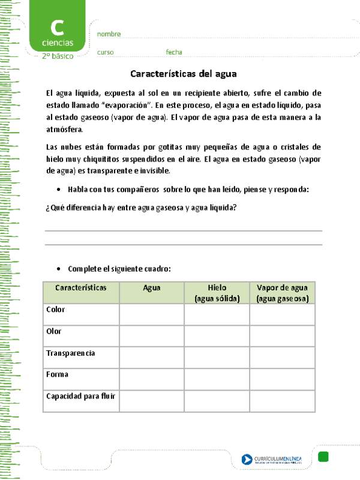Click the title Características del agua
(184, 74)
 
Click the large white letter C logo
(58, 28)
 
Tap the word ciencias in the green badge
(58, 43)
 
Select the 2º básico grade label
(58, 56)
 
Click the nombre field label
(109, 34)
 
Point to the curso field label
(105, 52)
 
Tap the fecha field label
(174, 52)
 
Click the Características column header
(81, 288)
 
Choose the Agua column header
(152, 288)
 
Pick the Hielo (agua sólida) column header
(217, 293)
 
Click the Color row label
(56, 310)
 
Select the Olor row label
(54, 331)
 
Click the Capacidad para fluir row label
(80, 396)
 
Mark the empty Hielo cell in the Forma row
(217, 379)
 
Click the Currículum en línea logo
(272, 460)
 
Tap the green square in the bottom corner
(323, 457)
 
